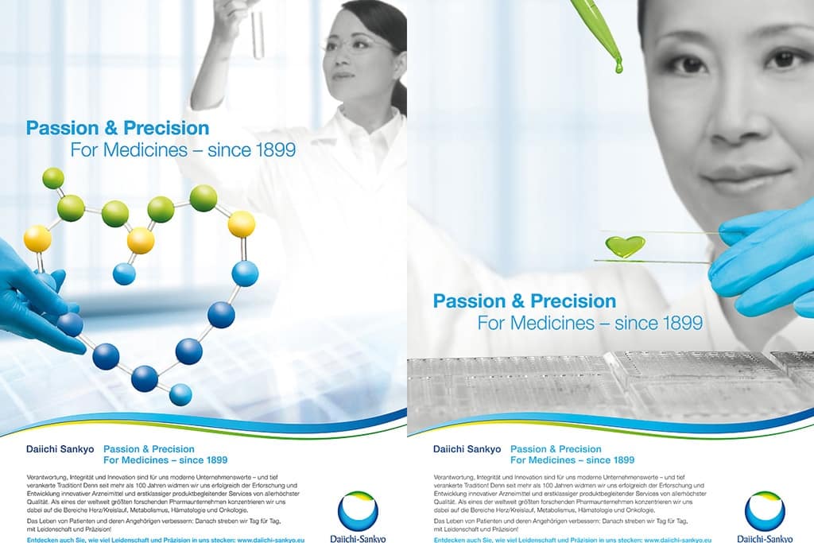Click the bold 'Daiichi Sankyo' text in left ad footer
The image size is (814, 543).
(x=60, y=449)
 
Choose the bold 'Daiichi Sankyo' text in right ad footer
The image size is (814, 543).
(x=467, y=449)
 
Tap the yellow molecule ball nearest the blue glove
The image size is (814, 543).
(x=37, y=238)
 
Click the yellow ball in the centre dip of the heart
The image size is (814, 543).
(x=141, y=240)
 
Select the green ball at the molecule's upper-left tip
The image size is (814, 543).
(x=53, y=178)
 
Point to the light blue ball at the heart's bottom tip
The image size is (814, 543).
(x=180, y=394)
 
